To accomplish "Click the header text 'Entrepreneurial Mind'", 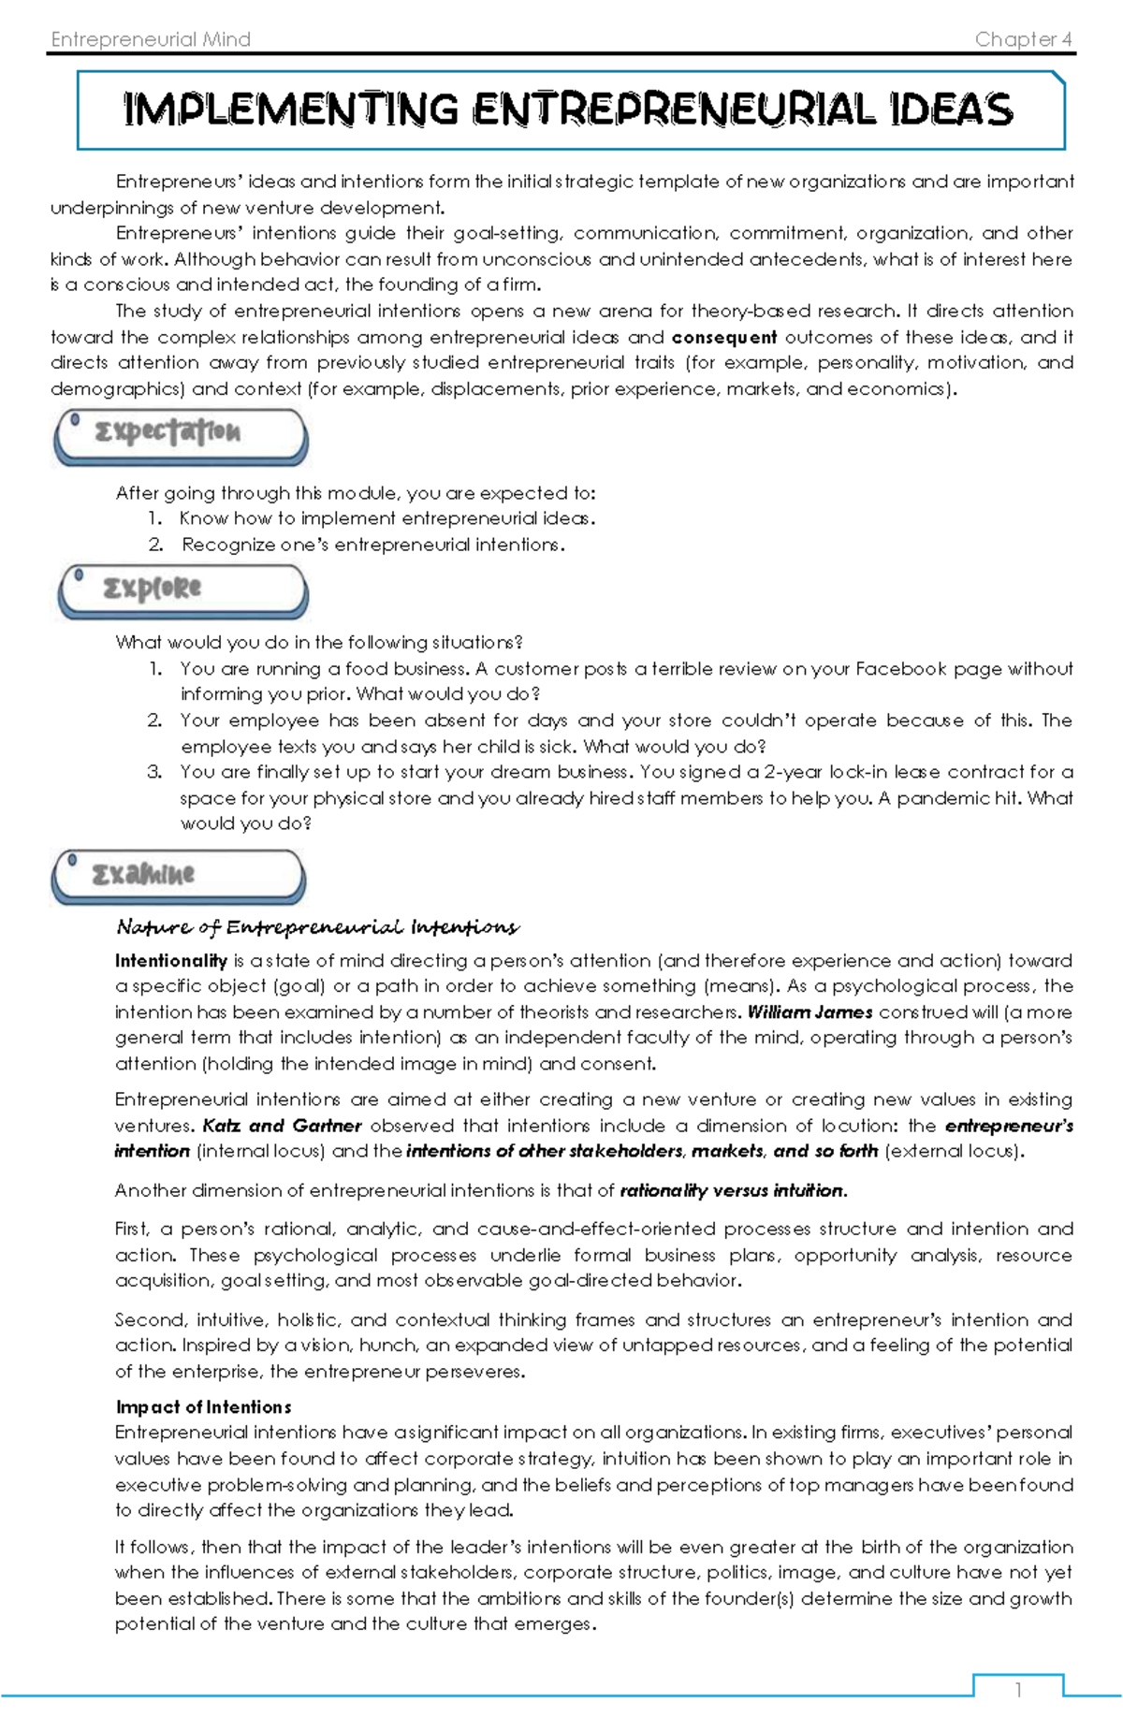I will [151, 39].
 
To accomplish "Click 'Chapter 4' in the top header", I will [1023, 39].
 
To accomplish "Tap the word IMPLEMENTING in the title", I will [291, 110].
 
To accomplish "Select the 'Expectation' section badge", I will [181, 434].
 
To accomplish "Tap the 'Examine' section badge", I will [178, 876].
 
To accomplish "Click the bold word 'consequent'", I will [724, 337].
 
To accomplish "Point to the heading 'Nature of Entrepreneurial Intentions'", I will [317, 927].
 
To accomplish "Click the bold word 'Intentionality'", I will [171, 961].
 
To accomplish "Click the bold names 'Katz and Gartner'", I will [282, 1126].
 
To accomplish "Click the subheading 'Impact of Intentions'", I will [203, 1407].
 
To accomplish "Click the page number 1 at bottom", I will [1018, 1690].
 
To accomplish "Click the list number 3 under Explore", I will [154, 772].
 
